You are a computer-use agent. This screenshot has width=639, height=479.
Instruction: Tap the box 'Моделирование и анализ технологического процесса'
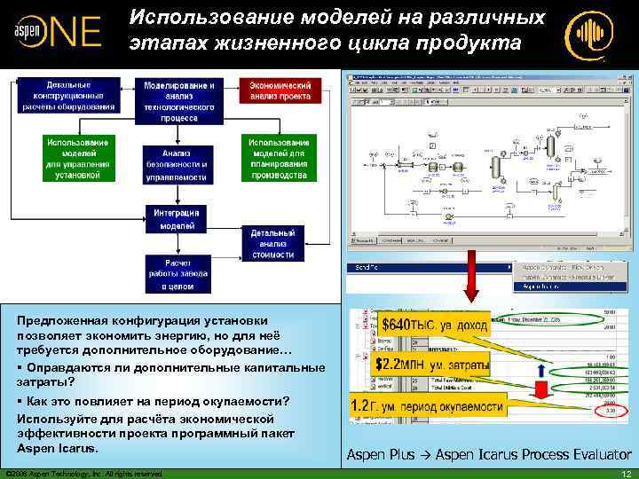coord(179,99)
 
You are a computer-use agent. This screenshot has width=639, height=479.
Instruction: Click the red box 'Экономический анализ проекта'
coord(280,90)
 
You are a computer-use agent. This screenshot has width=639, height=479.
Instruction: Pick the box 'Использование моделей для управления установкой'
coord(78,158)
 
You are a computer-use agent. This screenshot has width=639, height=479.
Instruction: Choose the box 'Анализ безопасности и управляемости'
coord(178,164)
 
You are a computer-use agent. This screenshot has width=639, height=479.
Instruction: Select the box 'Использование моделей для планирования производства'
coord(280,158)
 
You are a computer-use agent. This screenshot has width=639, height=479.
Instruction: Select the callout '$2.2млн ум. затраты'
coord(430,364)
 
